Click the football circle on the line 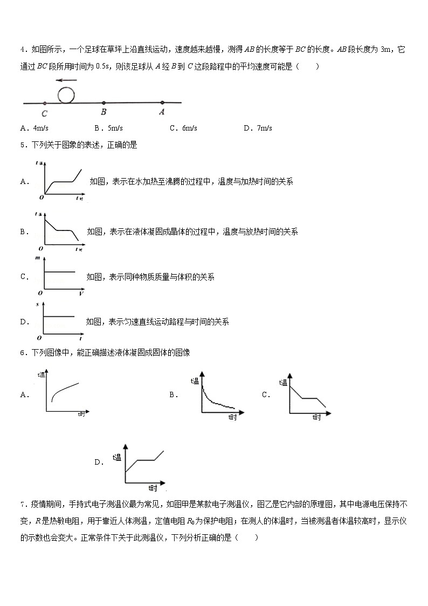coord(67,95)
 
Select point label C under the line coord(44,113)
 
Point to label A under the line coord(161,112)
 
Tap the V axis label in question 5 coord(81,294)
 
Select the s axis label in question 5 coord(37,305)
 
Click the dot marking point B coord(103,103)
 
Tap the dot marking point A coord(162,103)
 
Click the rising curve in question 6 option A coord(65,391)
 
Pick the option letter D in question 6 coord(98,462)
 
